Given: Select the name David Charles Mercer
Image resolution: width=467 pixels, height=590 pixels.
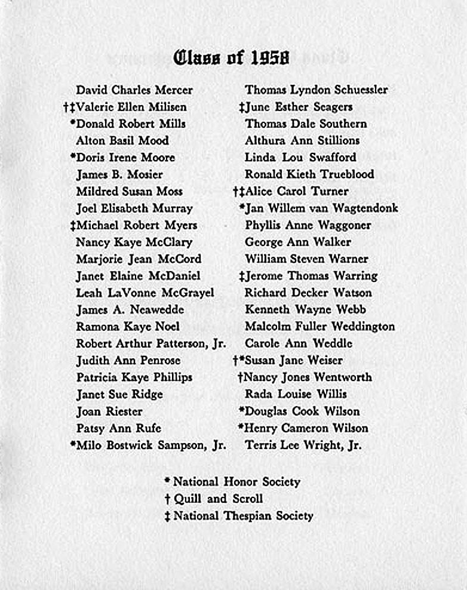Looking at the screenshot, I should [x=134, y=90].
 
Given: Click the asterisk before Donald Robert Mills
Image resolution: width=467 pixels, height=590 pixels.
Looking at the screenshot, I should [x=73, y=123].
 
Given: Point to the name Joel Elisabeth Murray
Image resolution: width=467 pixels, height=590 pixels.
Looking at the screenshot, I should [x=134, y=208].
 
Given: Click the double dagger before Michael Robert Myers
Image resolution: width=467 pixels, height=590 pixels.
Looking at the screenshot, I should [x=72, y=226].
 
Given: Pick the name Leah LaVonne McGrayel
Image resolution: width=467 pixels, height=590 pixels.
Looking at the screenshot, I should [x=145, y=293].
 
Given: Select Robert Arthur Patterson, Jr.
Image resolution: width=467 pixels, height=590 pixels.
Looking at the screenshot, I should [x=150, y=344].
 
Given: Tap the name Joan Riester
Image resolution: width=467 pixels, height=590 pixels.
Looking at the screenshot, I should [x=109, y=411].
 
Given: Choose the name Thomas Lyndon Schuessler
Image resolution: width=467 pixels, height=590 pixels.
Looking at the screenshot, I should [x=316, y=90].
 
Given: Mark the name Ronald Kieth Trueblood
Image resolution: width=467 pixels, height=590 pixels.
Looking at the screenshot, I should [x=309, y=174].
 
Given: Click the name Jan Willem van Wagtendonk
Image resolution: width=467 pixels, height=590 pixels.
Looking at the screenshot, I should [x=321, y=208].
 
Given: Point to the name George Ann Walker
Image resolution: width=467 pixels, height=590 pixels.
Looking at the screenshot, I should [x=297, y=242].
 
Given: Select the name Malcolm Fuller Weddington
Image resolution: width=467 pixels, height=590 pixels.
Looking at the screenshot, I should [x=319, y=327].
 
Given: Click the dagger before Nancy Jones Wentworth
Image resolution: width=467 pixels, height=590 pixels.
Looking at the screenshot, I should [x=240, y=377].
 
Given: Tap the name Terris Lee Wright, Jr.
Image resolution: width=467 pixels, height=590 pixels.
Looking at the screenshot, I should [x=303, y=445].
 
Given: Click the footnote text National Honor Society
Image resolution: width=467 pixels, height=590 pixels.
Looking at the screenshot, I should [x=236, y=481].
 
